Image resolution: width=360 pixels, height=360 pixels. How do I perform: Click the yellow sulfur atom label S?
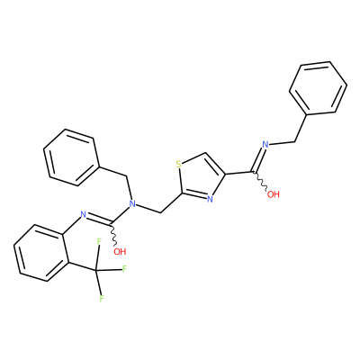click(179, 164)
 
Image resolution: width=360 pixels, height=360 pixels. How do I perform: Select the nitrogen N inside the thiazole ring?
click(210, 199)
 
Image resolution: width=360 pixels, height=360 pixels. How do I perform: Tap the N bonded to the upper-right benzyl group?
click(265, 144)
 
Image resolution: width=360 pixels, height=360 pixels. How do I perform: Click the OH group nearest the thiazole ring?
click(274, 194)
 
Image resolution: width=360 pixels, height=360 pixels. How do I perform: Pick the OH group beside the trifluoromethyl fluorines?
click(120, 251)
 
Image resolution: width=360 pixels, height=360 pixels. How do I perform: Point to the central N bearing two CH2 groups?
click(132, 204)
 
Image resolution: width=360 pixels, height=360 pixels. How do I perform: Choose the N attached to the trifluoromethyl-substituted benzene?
click(84, 214)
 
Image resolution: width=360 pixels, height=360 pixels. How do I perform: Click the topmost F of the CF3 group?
click(98, 241)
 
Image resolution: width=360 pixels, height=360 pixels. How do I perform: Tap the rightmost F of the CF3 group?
click(125, 268)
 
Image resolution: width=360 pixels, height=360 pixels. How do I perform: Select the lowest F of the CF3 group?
click(102, 298)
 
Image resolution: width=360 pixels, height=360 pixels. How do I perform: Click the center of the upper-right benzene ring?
click(318, 88)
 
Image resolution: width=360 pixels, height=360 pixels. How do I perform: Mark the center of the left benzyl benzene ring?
click(71, 157)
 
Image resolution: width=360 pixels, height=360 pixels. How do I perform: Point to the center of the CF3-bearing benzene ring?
click(41, 253)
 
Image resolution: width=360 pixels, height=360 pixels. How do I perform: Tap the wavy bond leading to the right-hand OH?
click(261, 181)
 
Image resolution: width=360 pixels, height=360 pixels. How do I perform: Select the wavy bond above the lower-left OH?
click(113, 234)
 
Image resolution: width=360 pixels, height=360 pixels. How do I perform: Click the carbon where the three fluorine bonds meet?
click(96, 270)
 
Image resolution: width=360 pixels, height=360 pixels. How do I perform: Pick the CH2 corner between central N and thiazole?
click(161, 212)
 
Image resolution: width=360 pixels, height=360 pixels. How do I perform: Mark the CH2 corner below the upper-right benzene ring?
click(295, 140)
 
